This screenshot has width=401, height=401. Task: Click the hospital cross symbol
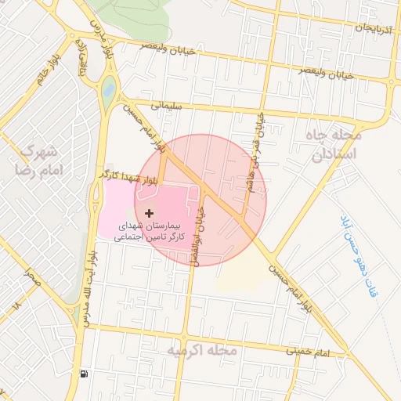pyautogui.click(x=149, y=212)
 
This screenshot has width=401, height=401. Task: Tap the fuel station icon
pyautogui.click(x=84, y=374)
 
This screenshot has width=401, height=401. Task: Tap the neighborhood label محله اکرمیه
pyautogui.click(x=200, y=352)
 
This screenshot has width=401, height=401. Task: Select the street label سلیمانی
pyautogui.click(x=164, y=103)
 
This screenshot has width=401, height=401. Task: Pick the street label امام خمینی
pyautogui.click(x=309, y=353)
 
